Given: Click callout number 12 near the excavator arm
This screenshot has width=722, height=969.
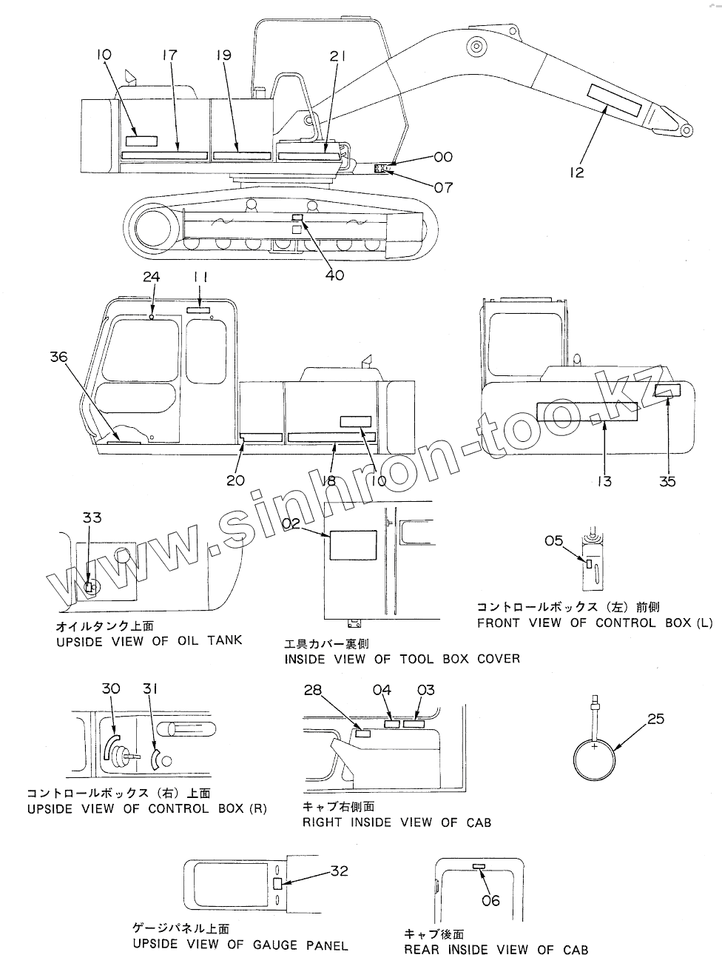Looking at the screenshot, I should (x=577, y=172).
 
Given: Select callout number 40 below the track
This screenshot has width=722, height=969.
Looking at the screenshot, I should (x=335, y=275).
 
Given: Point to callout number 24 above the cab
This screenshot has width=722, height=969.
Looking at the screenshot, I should (x=151, y=277).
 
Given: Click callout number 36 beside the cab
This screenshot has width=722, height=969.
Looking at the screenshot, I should (x=59, y=357).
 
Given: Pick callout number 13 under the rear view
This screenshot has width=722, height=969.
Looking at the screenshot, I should (x=604, y=481).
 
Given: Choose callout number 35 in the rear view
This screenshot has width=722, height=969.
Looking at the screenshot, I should (x=667, y=481).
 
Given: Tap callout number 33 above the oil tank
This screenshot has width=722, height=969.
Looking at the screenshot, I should (x=92, y=517).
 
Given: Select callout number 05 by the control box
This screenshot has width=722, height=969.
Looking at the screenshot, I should (x=554, y=540).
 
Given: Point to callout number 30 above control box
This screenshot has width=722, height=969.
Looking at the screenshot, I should (x=111, y=688).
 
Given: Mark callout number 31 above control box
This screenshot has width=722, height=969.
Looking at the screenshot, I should (x=150, y=688).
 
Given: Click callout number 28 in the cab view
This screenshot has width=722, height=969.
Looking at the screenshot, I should (x=313, y=691).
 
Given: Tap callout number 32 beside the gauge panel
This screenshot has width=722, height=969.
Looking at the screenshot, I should (x=339, y=871).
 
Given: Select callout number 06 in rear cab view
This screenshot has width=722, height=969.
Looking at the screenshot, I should (x=491, y=900).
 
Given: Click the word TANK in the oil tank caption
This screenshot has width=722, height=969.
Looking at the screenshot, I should (x=224, y=640).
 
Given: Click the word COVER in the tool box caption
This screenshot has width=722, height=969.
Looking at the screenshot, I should (x=497, y=658).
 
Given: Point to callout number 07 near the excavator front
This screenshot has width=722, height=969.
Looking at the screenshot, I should (x=443, y=187).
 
